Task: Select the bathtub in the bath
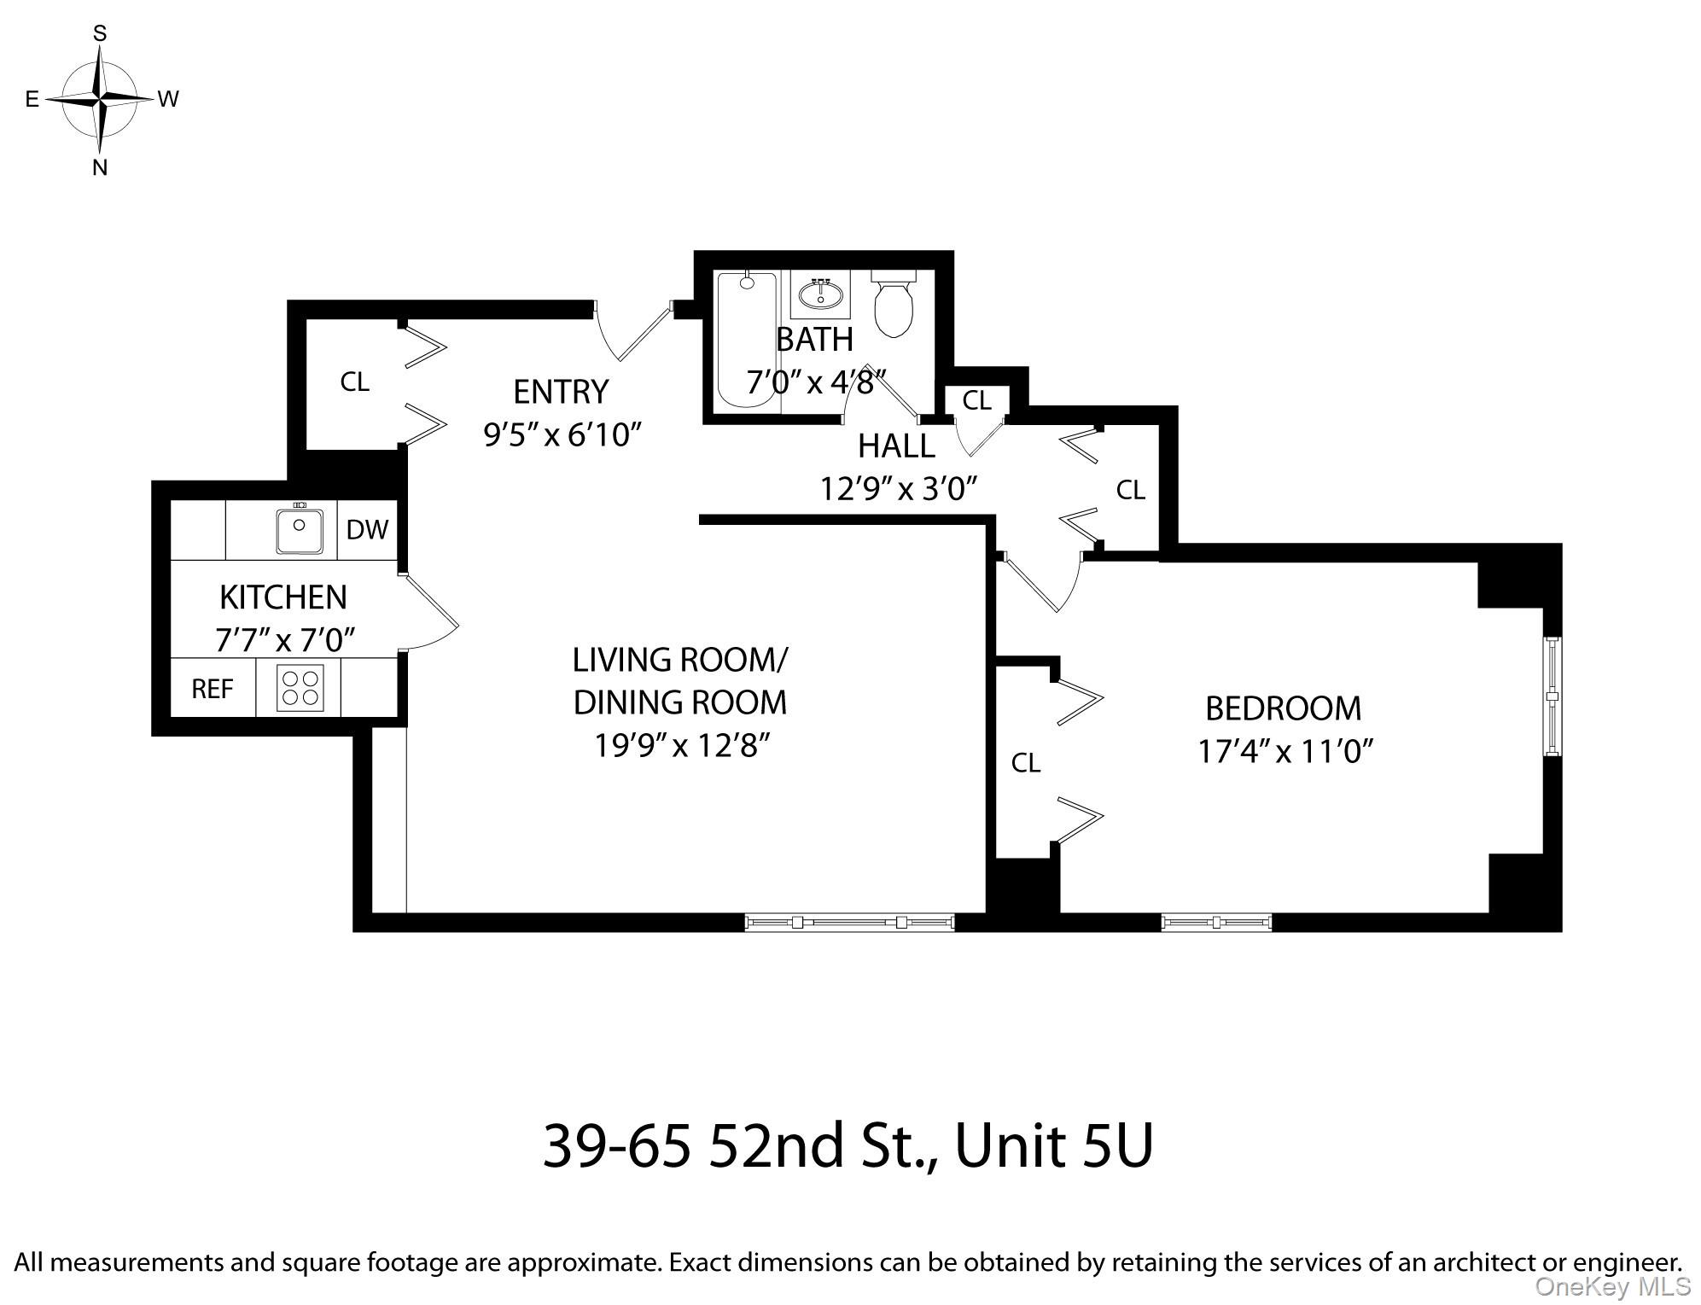tap(747, 340)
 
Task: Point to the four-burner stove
tap(300, 688)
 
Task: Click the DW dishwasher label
tap(367, 530)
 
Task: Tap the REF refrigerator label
tap(213, 689)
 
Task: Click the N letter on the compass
tap(100, 167)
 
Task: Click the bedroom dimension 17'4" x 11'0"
tap(1284, 752)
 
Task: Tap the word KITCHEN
tap(283, 597)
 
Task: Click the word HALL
tap(896, 446)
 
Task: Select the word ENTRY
tap(561, 392)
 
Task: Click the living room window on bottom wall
tap(849, 922)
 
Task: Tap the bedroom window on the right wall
tap(1552, 696)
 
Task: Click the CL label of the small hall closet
tap(977, 400)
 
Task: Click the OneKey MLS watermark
tap(1612, 1286)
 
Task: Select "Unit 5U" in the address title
tap(1054, 1145)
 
